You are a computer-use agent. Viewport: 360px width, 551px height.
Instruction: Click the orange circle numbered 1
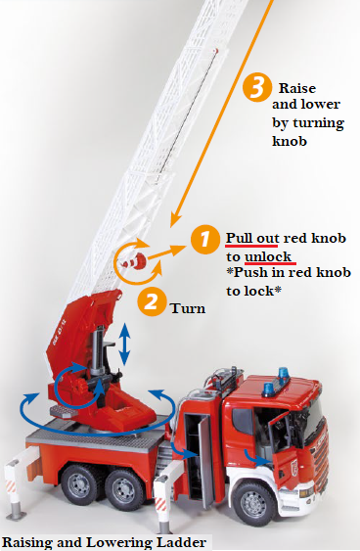point(204,239)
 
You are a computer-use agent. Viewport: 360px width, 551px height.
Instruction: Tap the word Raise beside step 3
point(297,87)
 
